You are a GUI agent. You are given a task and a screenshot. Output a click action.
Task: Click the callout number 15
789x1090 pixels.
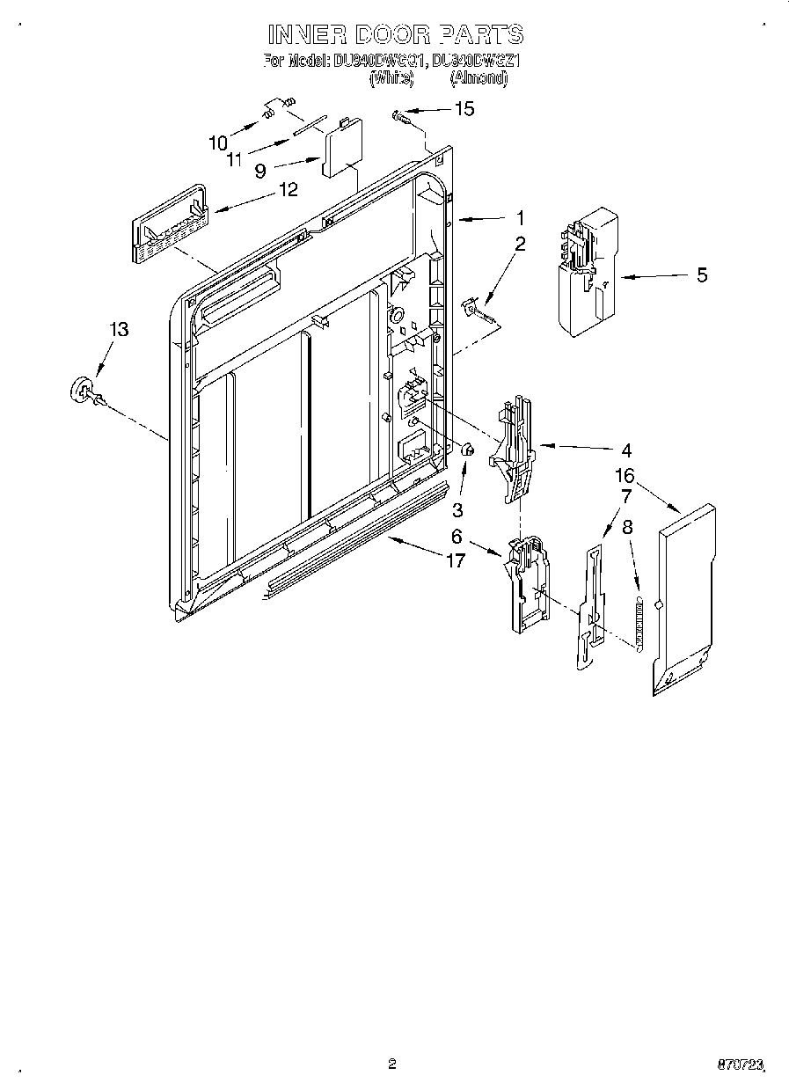[x=463, y=109]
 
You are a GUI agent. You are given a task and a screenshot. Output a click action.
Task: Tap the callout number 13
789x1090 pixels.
[x=119, y=329]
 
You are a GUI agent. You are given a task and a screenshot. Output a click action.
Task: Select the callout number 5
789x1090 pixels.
[x=701, y=275]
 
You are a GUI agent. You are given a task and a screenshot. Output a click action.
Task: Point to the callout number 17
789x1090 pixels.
[x=455, y=560]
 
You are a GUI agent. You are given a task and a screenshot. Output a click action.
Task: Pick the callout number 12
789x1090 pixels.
[x=288, y=189]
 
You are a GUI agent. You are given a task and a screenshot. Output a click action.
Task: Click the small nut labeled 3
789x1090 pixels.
[x=469, y=451]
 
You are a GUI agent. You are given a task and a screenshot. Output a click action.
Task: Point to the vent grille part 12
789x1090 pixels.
[x=168, y=225]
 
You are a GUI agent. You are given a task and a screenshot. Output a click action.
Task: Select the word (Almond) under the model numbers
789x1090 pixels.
[x=479, y=77]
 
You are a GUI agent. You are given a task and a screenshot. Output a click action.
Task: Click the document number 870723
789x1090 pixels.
[x=740, y=1064]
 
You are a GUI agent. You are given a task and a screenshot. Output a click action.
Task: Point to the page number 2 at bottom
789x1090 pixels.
[x=391, y=1064]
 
